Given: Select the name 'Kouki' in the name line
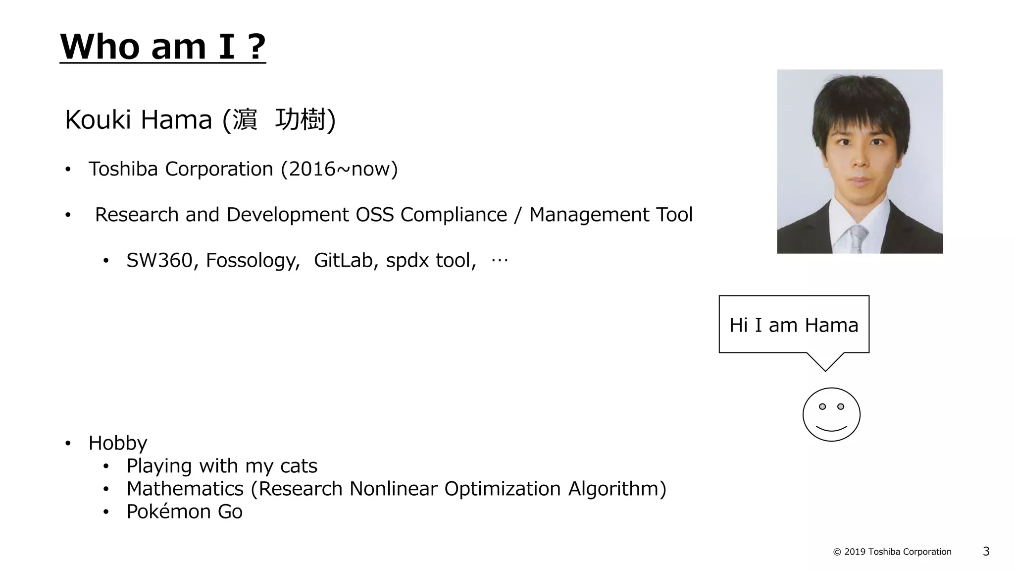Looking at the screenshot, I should point(98,120).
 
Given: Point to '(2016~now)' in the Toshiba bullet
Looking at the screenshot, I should point(339,169).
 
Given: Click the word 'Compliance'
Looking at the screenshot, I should point(454,215).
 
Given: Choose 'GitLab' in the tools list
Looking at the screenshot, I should point(343,260).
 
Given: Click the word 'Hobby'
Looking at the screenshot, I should point(118,443).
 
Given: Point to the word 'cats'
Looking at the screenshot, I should point(299,466).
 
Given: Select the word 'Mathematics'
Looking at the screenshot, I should point(185,489).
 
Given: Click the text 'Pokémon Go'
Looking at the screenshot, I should point(184,512).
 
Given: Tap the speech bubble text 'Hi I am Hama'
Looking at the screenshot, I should point(794,325).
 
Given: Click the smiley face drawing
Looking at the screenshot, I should point(831,414).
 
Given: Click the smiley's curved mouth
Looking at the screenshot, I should point(831,428).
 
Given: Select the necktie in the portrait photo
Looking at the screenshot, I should point(858,238).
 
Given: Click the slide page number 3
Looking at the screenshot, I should point(986,551).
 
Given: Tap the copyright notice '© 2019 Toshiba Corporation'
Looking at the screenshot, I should point(892,552).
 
